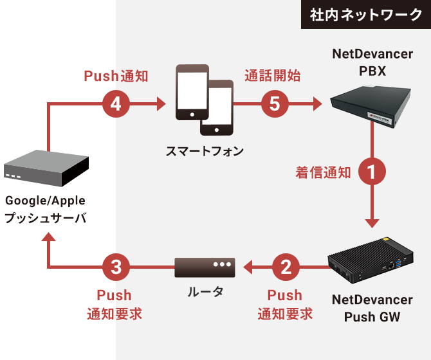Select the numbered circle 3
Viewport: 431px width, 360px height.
(x=116, y=265)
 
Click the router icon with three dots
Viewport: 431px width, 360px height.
(x=205, y=265)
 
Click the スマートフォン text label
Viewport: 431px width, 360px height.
(x=205, y=151)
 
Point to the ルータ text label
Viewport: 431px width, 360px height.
(x=205, y=292)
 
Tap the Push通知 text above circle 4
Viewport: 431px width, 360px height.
(x=116, y=76)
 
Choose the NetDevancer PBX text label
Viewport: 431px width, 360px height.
(x=372, y=62)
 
